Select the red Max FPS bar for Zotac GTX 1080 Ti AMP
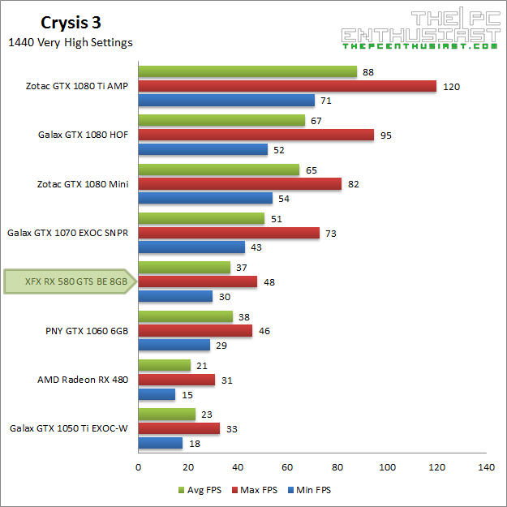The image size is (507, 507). pos(287,87)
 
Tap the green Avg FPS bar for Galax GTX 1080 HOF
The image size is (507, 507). pos(221,121)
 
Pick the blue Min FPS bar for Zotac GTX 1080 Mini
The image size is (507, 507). pos(205,199)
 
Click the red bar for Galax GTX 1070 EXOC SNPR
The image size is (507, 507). pos(229,233)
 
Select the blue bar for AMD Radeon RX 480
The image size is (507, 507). pos(157,394)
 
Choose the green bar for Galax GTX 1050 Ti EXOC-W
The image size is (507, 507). pos(167,414)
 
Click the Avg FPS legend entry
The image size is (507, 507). pos(201,490)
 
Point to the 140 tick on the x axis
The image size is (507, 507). pos(487,467)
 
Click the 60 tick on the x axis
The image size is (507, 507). pos(287,467)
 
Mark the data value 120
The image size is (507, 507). pos(451,87)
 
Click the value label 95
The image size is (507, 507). pos(385,135)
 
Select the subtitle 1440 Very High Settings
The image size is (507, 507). pos(70,42)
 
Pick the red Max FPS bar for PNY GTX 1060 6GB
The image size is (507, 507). pos(195,331)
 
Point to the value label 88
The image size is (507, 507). pos(367,72)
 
